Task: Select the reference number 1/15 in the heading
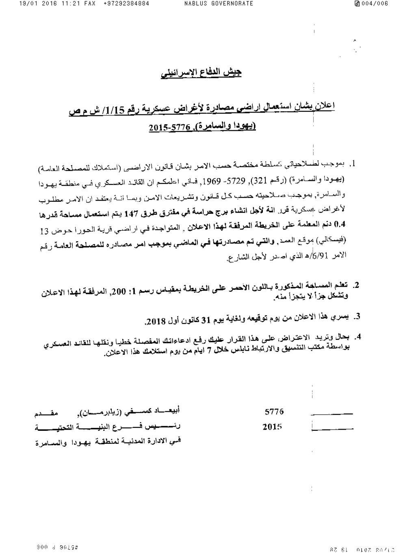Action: pyautogui.click(x=117, y=109)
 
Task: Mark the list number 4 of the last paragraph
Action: pyautogui.click(x=358, y=337)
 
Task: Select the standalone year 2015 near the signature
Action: pyautogui.click(x=273, y=427)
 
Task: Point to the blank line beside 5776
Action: pyautogui.click(x=331, y=414)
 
